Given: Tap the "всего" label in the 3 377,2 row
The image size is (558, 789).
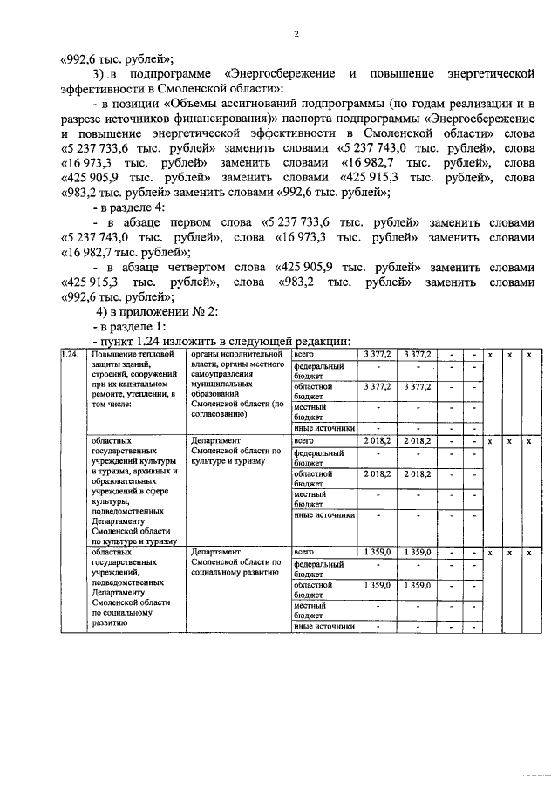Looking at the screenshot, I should tap(304, 355).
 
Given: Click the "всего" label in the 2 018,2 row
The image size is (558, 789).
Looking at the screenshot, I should tap(304, 442).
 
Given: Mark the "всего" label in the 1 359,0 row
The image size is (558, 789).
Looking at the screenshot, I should tap(304, 553).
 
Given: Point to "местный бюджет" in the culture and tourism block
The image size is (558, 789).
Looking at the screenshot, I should tap(310, 499).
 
